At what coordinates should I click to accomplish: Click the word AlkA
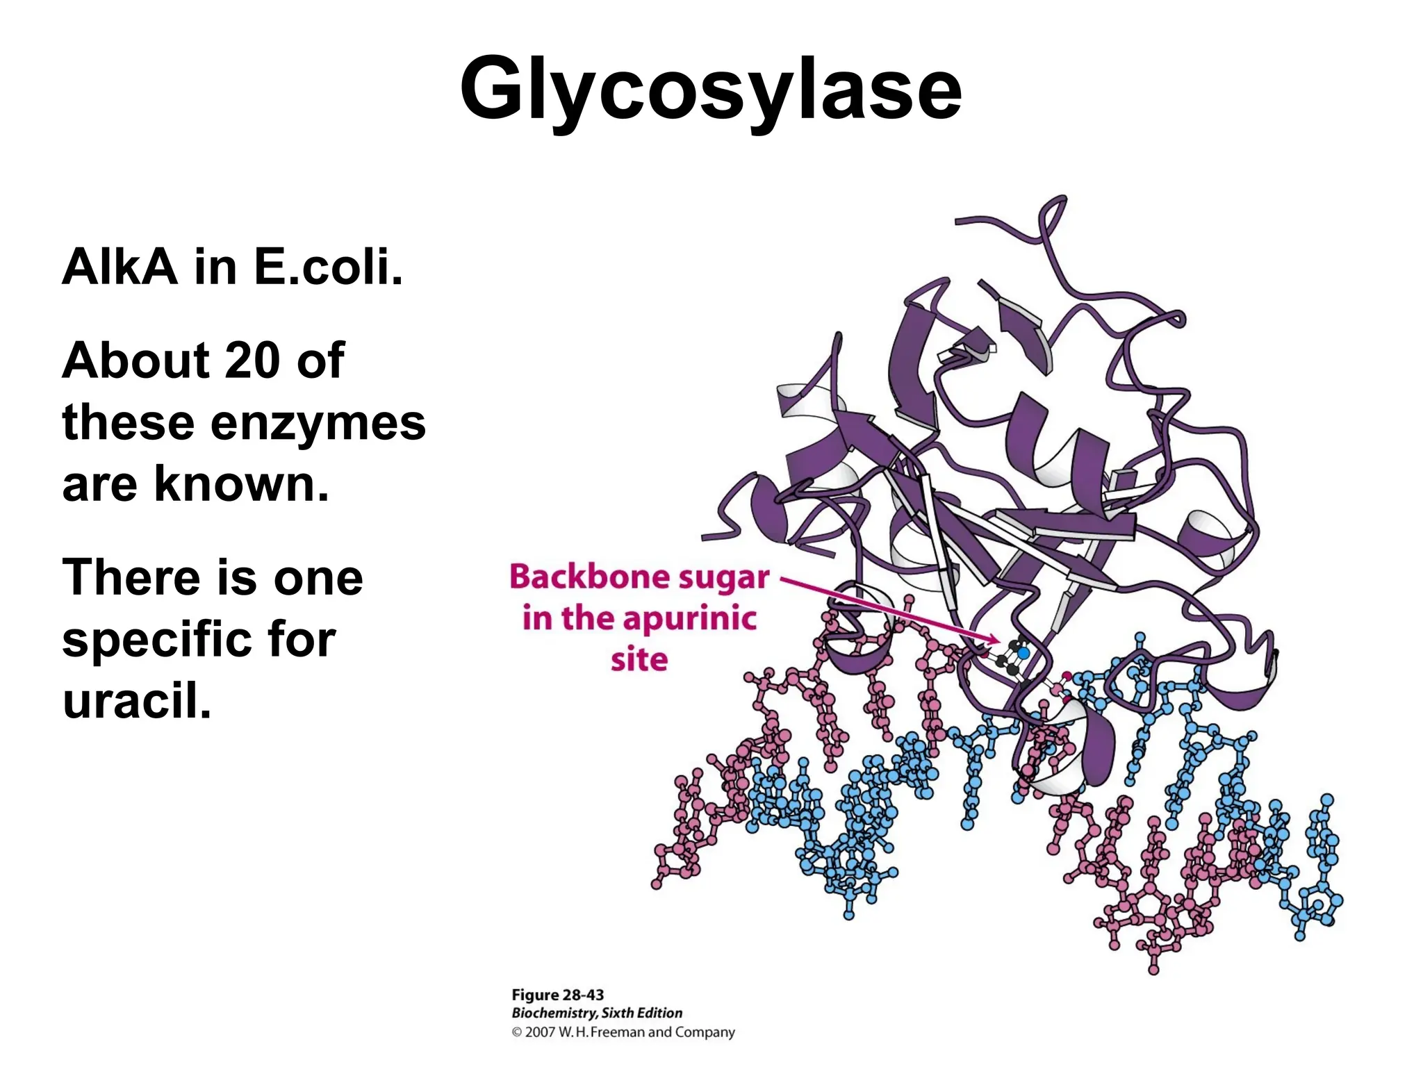click(x=120, y=267)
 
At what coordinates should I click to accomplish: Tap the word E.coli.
click(x=328, y=267)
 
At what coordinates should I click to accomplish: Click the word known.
click(x=241, y=483)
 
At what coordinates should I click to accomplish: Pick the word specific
click(x=199, y=639)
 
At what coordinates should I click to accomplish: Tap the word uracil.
click(x=136, y=700)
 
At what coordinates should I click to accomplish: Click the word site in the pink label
click(x=639, y=659)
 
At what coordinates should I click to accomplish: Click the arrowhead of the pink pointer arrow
click(x=995, y=640)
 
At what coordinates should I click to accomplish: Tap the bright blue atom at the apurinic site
click(x=1023, y=653)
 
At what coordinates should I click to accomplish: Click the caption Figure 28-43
click(x=557, y=995)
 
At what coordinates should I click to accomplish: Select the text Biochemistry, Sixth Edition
click(x=597, y=1013)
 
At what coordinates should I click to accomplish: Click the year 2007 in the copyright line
click(x=540, y=1032)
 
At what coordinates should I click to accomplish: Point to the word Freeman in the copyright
click(x=618, y=1032)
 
